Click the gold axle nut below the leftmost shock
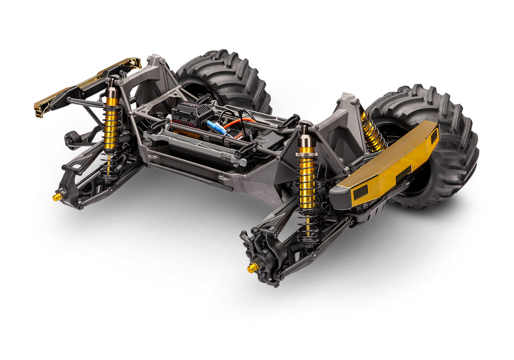pos(57,196)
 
